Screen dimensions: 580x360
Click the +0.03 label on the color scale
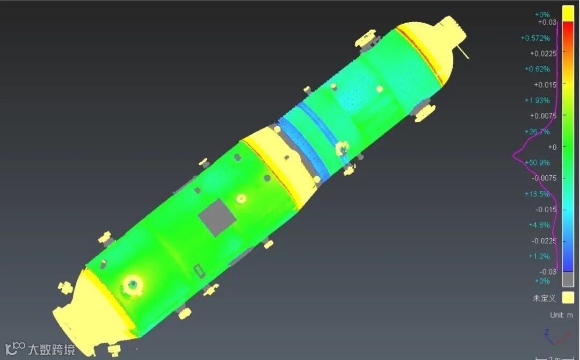(547, 22)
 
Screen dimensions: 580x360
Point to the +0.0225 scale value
(543, 54)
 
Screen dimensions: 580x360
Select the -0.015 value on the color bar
(546, 210)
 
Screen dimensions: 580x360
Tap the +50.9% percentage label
(537, 162)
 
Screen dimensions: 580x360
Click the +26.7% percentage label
(537, 132)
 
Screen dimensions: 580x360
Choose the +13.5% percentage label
(537, 194)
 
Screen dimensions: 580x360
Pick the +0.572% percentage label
(535, 38)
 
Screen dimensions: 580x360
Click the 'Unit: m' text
(561, 315)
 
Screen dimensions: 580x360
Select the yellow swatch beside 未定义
(568, 298)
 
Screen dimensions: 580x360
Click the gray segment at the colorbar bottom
(568, 279)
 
